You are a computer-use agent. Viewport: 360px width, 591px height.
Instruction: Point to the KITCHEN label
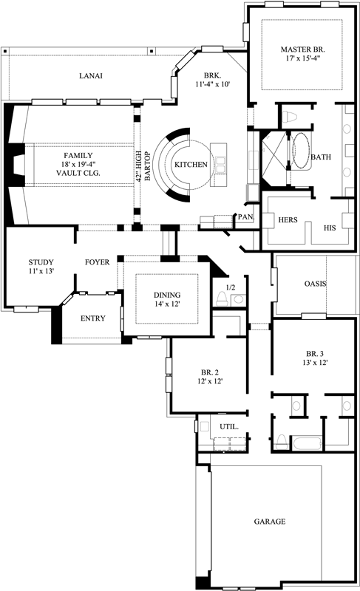tap(190, 164)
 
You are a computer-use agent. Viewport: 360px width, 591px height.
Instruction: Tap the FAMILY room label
tap(78, 155)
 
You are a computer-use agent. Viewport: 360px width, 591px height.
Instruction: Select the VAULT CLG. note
tap(78, 173)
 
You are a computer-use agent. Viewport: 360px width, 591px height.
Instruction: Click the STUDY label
tap(41, 262)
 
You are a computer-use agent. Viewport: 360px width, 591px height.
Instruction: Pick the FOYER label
tap(97, 262)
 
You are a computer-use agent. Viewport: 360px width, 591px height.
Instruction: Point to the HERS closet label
tap(287, 220)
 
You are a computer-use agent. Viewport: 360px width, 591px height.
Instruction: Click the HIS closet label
tap(330, 228)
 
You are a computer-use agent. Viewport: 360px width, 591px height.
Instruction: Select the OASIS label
tap(316, 284)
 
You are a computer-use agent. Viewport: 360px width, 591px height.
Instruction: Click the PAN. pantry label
tap(245, 217)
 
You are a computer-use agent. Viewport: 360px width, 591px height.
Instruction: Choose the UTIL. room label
tap(228, 427)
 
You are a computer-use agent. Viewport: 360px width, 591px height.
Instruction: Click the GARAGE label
tap(269, 522)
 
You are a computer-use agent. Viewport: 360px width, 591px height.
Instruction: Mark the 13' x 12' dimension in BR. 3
tap(310, 363)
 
